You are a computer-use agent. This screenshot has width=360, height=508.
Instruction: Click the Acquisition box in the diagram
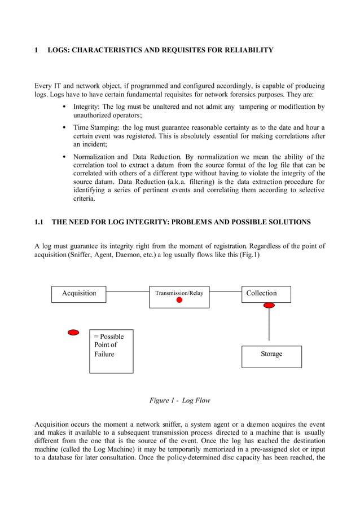(x=78, y=294)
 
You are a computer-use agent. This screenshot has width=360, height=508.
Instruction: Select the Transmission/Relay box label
(x=179, y=293)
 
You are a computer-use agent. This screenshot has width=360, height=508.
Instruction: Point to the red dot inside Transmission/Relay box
(x=179, y=301)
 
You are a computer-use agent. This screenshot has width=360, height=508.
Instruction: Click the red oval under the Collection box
(x=269, y=305)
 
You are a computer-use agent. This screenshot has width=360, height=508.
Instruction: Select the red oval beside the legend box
(x=73, y=333)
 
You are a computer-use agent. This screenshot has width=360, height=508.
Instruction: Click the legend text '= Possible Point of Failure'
(x=108, y=345)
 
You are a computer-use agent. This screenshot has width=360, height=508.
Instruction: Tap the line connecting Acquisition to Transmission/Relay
(x=128, y=292)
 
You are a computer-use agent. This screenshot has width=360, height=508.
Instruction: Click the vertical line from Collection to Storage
(x=269, y=324)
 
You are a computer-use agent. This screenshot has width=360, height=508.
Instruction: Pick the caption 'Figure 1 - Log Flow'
(x=179, y=400)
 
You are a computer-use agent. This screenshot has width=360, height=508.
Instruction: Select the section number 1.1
(x=39, y=222)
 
